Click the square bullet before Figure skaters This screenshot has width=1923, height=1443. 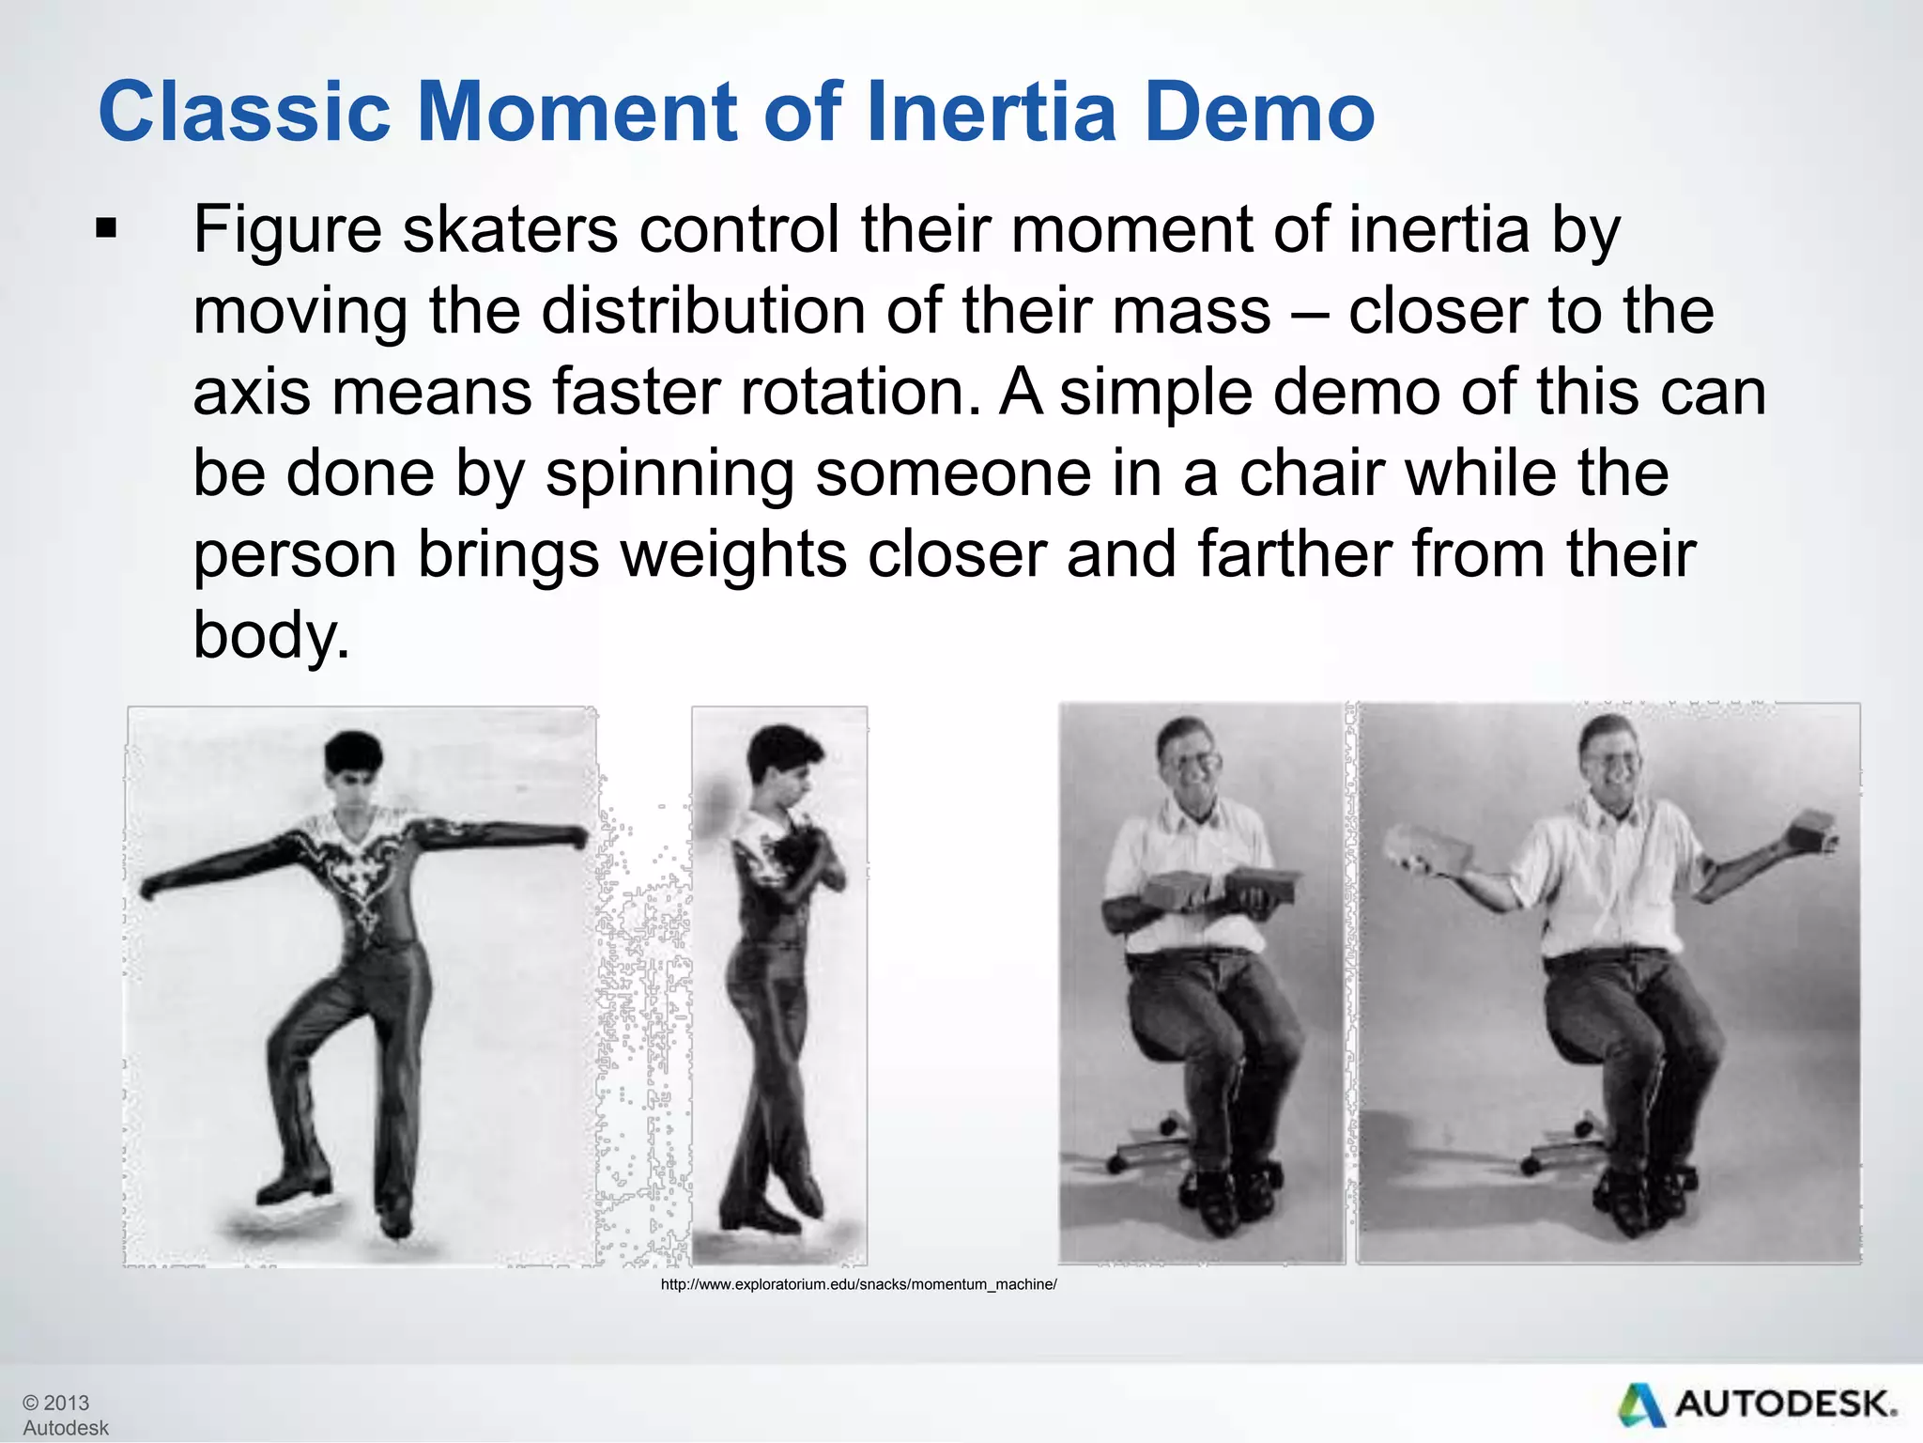click(106, 228)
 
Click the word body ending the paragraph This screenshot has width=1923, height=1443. click(269, 636)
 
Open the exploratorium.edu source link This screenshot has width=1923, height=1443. click(858, 1284)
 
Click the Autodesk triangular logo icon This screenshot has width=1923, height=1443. click(1640, 1404)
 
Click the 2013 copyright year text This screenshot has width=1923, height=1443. click(66, 1403)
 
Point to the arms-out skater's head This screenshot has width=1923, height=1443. click(353, 766)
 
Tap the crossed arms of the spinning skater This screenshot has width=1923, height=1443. click(808, 855)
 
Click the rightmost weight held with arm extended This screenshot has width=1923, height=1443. click(1812, 831)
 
